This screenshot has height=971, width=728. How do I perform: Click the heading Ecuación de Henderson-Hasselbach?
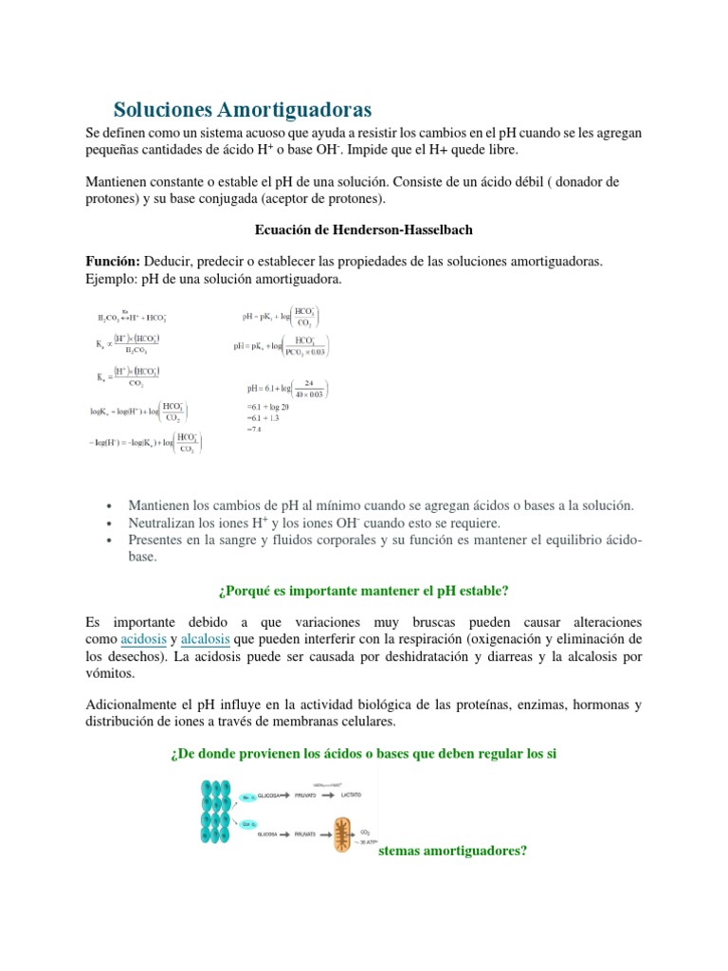[363, 230]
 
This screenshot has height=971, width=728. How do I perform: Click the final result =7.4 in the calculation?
[253, 429]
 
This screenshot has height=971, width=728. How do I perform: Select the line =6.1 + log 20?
[268, 407]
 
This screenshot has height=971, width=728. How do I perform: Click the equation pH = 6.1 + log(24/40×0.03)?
[285, 388]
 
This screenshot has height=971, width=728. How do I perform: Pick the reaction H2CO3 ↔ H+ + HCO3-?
[133, 318]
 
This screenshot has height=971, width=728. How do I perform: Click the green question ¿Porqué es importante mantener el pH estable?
[363, 591]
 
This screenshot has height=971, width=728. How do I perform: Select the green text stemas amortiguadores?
[451, 851]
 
